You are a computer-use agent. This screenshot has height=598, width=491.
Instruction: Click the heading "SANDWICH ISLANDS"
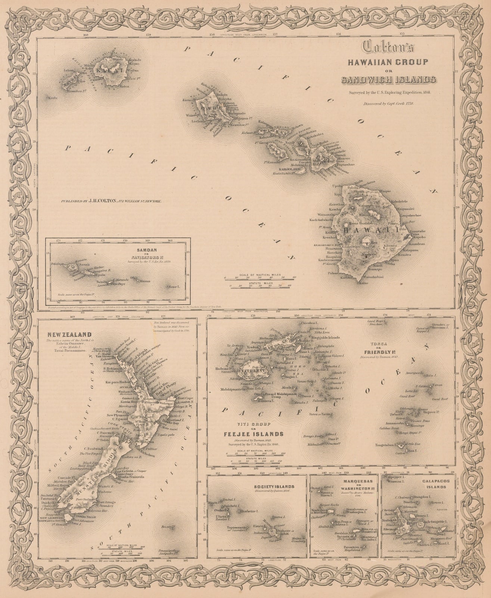tap(388, 79)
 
